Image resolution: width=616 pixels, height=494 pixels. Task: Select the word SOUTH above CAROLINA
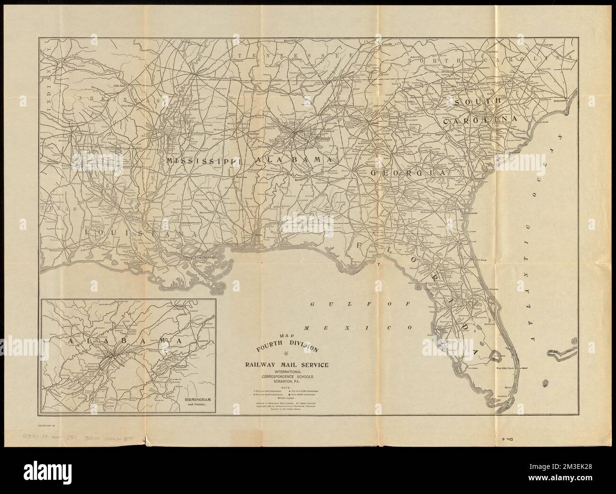tap(476, 102)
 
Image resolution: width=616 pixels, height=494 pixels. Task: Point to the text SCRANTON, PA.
tap(286, 381)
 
